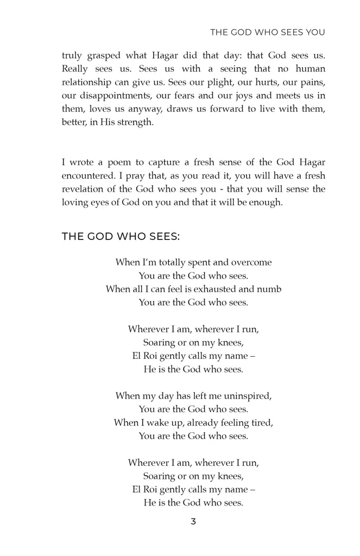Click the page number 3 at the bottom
tap(193, 522)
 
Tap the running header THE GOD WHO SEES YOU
tap(267, 33)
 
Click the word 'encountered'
tap(89, 175)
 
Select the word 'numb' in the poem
tap(270, 289)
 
